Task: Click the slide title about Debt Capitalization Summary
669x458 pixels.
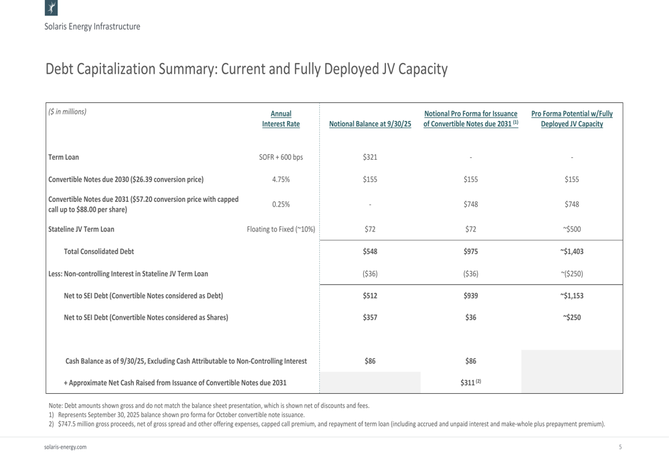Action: point(246,70)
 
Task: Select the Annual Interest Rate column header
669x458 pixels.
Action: point(281,118)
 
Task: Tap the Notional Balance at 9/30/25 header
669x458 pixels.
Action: point(370,124)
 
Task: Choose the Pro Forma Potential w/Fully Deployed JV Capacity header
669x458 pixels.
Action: point(572,118)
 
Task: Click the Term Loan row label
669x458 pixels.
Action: point(64,157)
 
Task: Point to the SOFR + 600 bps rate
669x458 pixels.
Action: point(281,157)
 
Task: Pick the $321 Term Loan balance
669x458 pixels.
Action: point(370,157)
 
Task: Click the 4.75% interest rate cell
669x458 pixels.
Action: point(281,179)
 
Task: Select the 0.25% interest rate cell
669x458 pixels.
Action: point(281,204)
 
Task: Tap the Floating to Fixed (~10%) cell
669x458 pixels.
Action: point(281,229)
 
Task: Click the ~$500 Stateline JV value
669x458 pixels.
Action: point(572,229)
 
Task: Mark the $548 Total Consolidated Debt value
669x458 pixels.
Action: point(370,251)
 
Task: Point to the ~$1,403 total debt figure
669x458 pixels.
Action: point(572,251)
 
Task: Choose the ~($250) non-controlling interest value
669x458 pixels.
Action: point(572,273)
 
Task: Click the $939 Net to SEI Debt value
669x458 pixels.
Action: point(471,296)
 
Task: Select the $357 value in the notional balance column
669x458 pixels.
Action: point(370,318)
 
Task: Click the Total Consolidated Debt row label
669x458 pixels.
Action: point(98,251)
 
